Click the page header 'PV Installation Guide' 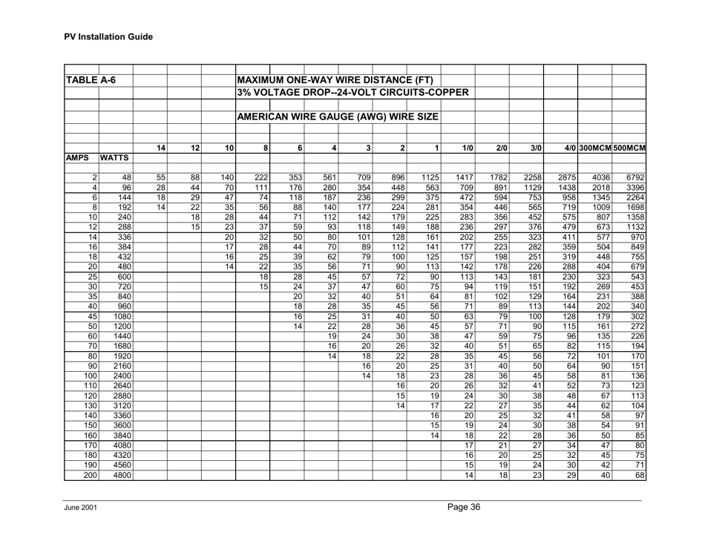107,36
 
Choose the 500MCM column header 629,148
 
